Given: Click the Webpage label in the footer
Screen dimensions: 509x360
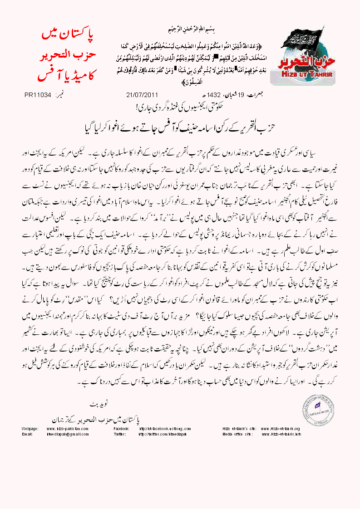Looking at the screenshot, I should click(30, 428).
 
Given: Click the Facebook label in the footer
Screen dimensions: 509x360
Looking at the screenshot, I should click(121, 428).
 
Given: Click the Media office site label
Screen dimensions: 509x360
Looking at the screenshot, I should click(237, 434).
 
